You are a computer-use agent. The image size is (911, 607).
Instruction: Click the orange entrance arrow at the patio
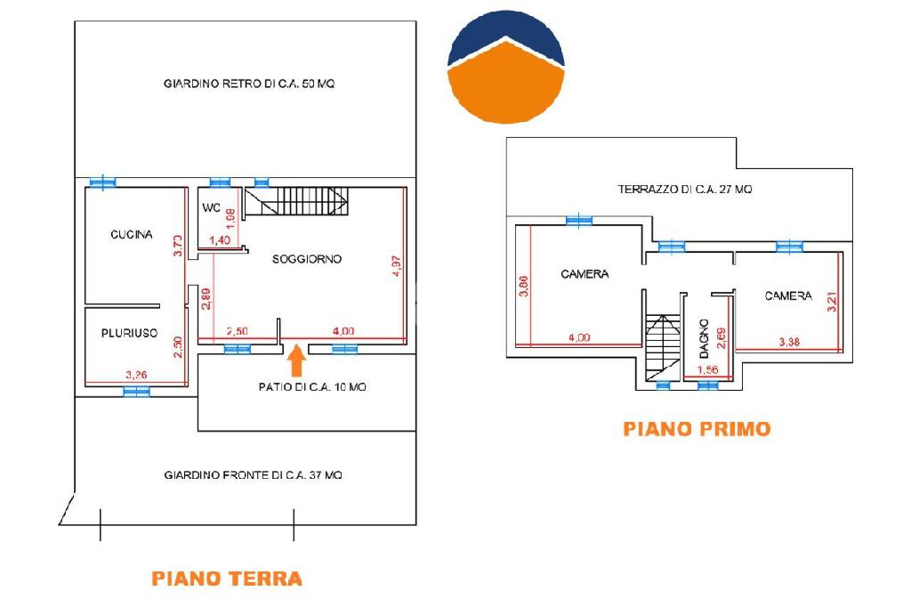(296, 360)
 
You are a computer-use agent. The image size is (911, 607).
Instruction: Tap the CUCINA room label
(132, 234)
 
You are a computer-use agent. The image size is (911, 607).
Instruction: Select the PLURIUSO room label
(130, 333)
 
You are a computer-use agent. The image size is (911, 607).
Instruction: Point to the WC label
(211, 207)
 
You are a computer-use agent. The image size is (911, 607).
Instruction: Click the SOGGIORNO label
(307, 259)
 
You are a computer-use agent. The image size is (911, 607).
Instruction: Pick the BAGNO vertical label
(704, 338)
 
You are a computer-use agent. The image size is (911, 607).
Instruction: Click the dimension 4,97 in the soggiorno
(396, 266)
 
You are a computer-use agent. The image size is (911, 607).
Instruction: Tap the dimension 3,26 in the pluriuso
(136, 375)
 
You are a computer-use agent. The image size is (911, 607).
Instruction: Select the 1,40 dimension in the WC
(220, 240)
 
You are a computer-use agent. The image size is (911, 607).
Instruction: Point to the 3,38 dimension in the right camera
(789, 342)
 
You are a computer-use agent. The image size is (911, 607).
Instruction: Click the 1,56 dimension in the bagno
(707, 369)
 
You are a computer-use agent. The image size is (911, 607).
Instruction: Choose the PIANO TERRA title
(227, 579)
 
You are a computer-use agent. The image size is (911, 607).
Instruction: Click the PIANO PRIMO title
(697, 429)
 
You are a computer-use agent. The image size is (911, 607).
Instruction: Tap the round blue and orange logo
(505, 67)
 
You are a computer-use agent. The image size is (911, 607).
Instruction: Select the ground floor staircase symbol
(296, 201)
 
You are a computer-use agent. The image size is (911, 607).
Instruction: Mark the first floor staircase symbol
(663, 348)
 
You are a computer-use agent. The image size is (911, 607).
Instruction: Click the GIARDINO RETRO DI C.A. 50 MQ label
(249, 84)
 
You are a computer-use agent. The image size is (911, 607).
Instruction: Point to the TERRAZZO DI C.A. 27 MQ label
(685, 189)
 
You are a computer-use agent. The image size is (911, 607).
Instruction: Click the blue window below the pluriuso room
(136, 392)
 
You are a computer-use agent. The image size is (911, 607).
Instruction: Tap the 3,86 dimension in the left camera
(523, 286)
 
